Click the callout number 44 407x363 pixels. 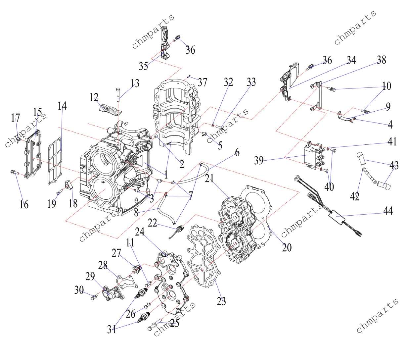(388, 211)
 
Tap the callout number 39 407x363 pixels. (259, 160)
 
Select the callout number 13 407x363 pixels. (135, 83)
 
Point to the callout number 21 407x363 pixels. (209, 179)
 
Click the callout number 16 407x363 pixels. (24, 205)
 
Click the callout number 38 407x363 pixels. (382, 60)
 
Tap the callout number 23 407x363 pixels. (221, 307)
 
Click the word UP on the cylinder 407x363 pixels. (103, 182)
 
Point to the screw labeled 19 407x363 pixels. (60, 192)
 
